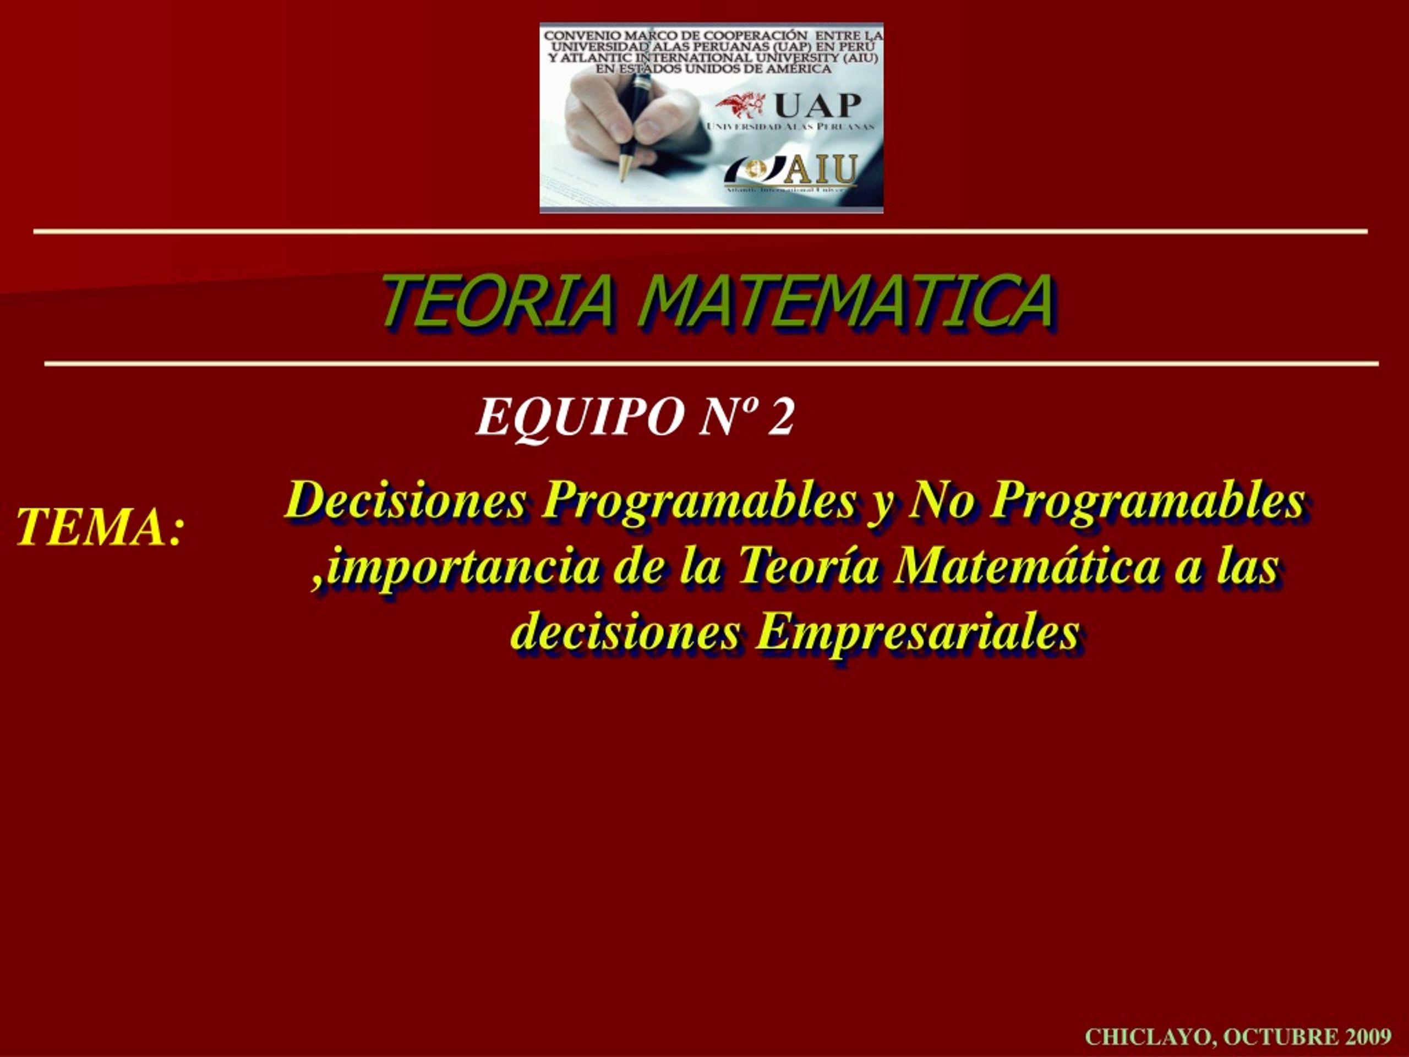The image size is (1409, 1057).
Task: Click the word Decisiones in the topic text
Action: (406, 501)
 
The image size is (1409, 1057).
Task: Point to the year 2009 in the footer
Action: (1368, 1037)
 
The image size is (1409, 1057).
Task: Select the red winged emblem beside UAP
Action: (740, 105)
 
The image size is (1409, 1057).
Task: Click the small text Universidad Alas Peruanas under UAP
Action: (790, 126)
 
